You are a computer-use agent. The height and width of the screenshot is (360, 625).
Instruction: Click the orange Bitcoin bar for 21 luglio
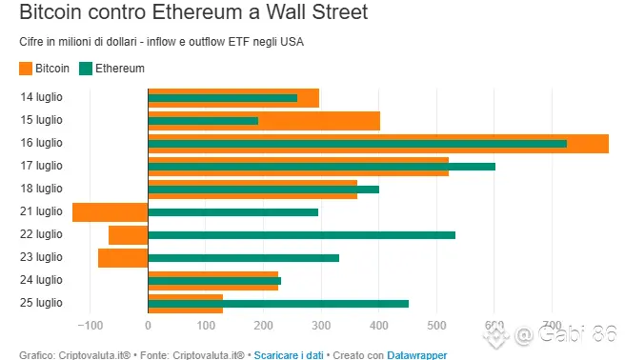[x=110, y=212]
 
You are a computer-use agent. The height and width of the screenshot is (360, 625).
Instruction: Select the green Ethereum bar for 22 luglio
[x=302, y=235]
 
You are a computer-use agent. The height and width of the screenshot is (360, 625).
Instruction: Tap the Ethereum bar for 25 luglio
[x=278, y=304]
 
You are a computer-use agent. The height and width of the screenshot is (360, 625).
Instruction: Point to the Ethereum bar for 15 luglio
[x=203, y=121]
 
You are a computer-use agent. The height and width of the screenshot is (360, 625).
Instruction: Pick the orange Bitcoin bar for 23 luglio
[x=123, y=258]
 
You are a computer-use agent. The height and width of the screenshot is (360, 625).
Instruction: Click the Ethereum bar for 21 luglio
[x=233, y=212]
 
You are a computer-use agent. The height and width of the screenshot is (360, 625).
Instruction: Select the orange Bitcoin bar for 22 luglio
[x=129, y=235]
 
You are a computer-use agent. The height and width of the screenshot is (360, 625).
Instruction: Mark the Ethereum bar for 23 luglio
[x=244, y=258]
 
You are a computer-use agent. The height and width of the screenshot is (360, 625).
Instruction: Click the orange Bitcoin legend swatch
[x=26, y=69]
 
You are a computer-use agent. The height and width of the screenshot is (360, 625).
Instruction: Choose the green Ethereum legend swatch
[x=86, y=69]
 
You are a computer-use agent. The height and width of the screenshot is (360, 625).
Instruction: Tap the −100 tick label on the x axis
[x=91, y=326]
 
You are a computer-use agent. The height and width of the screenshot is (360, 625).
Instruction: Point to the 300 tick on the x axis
[x=321, y=326]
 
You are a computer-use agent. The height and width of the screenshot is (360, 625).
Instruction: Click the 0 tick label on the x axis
[x=148, y=326]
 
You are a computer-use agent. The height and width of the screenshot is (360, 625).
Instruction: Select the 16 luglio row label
[x=42, y=143]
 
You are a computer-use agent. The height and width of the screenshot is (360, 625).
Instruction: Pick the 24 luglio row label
[x=42, y=280]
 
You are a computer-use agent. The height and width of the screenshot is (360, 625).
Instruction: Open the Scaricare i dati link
[x=289, y=355]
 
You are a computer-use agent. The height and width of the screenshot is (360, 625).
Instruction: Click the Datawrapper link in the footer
[x=417, y=355]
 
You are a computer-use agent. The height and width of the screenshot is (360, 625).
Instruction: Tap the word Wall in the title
[x=287, y=11]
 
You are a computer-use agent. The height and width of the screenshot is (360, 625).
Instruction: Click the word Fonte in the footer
[x=154, y=355]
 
